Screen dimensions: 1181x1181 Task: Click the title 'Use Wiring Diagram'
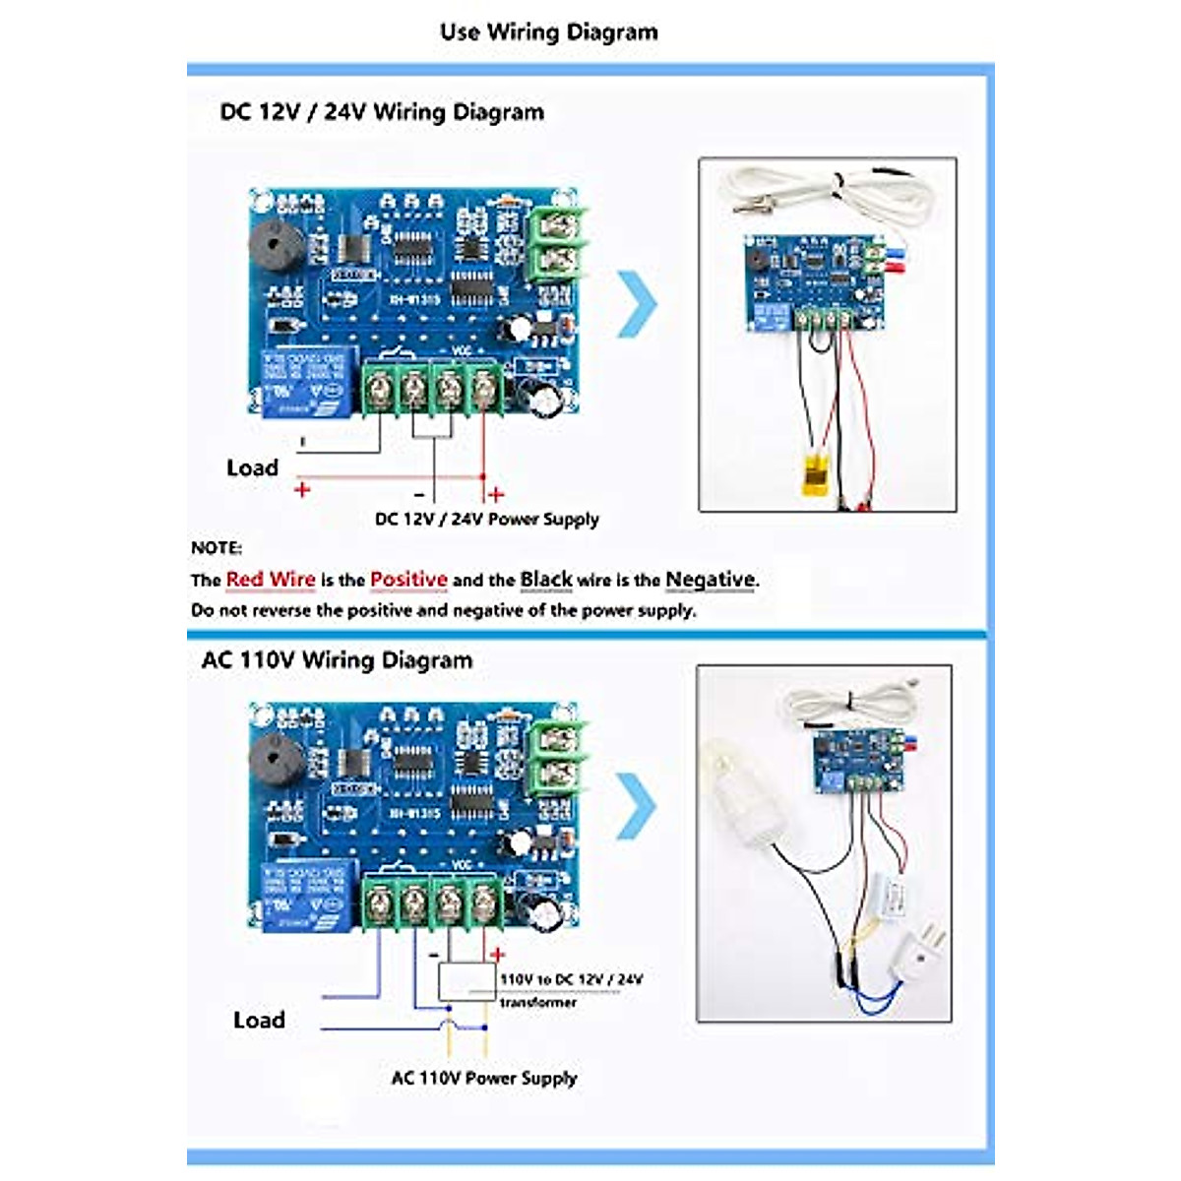click(x=548, y=32)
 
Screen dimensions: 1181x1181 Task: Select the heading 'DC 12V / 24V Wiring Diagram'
click(x=382, y=112)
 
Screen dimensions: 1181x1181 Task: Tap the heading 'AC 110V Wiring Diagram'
click(x=337, y=660)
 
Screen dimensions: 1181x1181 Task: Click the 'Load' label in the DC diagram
click(x=252, y=468)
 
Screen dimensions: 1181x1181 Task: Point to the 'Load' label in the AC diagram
click(x=259, y=1021)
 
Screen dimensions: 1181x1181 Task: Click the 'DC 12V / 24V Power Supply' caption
click(x=486, y=520)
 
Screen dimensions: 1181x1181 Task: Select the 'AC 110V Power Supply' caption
click(x=483, y=1078)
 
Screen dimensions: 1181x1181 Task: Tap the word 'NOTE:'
click(x=216, y=548)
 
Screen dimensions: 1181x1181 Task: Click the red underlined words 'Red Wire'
click(x=271, y=580)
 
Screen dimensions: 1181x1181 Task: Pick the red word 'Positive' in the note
click(x=408, y=580)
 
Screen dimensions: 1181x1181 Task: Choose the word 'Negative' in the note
click(x=711, y=580)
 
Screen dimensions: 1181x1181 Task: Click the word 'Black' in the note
click(x=546, y=580)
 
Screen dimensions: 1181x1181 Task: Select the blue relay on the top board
click(x=306, y=380)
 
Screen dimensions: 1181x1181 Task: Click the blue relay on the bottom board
click(x=306, y=894)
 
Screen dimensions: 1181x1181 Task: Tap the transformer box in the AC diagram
click(x=466, y=981)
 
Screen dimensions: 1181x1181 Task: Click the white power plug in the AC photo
click(x=920, y=956)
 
